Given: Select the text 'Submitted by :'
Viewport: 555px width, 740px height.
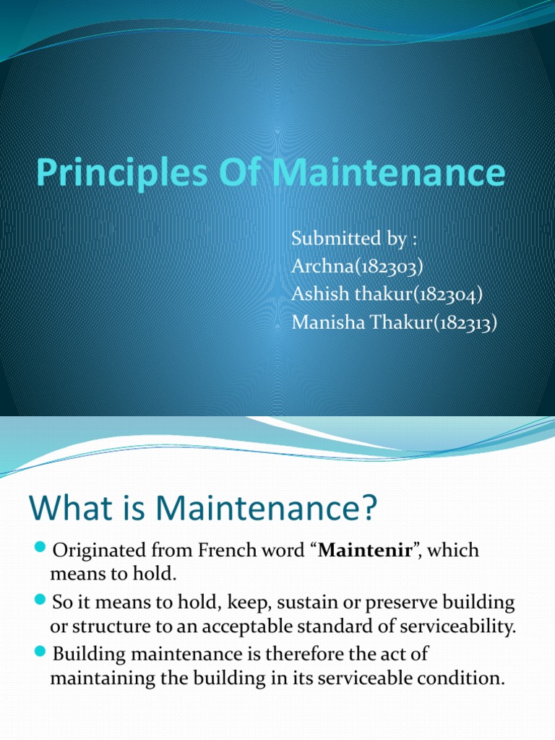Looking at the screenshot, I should click(343, 238).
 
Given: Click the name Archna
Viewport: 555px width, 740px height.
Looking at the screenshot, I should click(318, 266).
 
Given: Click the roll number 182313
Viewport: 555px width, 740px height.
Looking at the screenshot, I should click(462, 322).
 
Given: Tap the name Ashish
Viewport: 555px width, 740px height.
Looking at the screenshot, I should click(315, 294).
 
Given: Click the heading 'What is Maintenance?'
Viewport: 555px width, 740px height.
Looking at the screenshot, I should click(203, 507).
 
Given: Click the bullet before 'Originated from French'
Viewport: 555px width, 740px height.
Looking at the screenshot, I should click(40, 550).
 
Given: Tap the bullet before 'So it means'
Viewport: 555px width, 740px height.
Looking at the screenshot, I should click(40, 601).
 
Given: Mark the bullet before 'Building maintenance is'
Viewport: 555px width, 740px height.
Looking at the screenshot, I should click(40, 653).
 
